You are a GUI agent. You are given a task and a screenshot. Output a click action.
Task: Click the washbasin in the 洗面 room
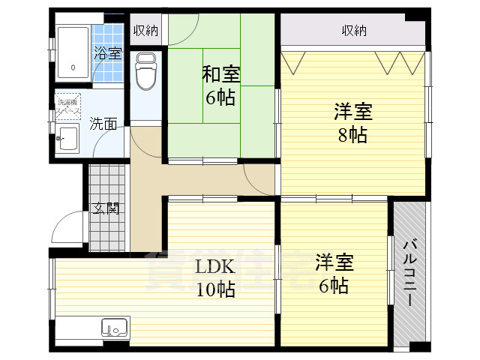point(68,139)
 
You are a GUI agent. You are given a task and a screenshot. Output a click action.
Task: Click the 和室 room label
point(221,75)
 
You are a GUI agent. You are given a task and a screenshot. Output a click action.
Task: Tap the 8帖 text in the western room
point(352,136)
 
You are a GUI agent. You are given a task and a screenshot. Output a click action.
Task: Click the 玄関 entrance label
point(105,208)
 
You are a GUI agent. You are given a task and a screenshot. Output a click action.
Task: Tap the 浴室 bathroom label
point(107,53)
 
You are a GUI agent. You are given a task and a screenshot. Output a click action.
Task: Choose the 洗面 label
point(103,124)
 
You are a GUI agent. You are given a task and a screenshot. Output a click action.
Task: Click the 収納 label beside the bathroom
point(145,31)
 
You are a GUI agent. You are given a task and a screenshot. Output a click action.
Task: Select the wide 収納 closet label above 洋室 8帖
point(354,31)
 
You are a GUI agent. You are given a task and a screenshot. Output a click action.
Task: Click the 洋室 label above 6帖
point(334,263)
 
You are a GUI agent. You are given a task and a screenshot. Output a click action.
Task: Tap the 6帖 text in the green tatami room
point(221,98)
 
